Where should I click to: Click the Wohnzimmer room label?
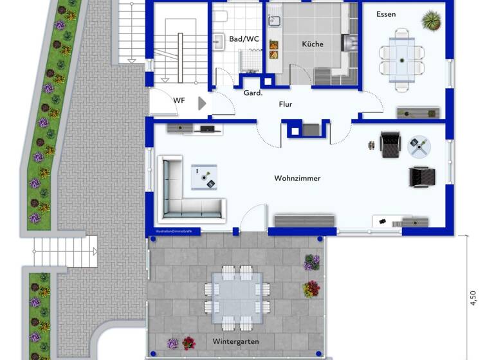coord(297,178)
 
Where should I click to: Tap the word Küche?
coord(313,44)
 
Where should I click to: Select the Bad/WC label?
coord(244,39)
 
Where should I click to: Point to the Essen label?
coord(387,14)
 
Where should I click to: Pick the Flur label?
coord(286,104)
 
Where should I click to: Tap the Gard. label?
coord(253,93)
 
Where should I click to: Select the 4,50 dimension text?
coord(473,298)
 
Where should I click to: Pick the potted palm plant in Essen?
coord(430,21)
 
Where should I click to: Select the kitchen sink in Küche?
coord(275,21)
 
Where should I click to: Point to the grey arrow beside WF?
coord(202,103)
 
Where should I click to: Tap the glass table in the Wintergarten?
coord(237,295)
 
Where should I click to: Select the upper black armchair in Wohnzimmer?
coord(390,144)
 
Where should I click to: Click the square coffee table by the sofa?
coord(204,175)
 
